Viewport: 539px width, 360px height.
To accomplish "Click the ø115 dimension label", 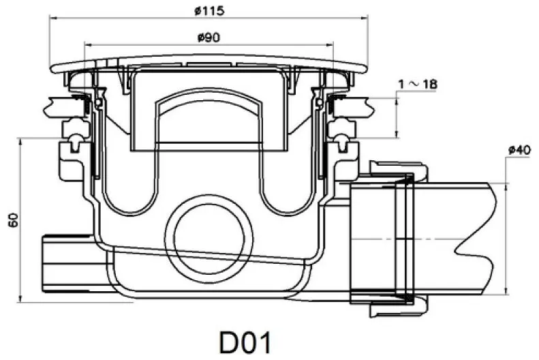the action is (x=209, y=11).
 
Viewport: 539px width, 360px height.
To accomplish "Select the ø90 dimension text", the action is (x=209, y=37).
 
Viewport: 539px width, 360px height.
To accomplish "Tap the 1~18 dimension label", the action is (x=418, y=84).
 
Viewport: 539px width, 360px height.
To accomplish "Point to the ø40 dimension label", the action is (x=519, y=150).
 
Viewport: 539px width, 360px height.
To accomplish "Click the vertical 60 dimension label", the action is (x=14, y=220).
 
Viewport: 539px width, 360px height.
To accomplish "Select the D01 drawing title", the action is (x=245, y=342).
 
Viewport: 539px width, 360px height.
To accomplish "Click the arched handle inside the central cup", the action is (x=209, y=100).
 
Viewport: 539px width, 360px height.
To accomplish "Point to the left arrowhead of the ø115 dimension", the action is (x=52, y=16).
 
